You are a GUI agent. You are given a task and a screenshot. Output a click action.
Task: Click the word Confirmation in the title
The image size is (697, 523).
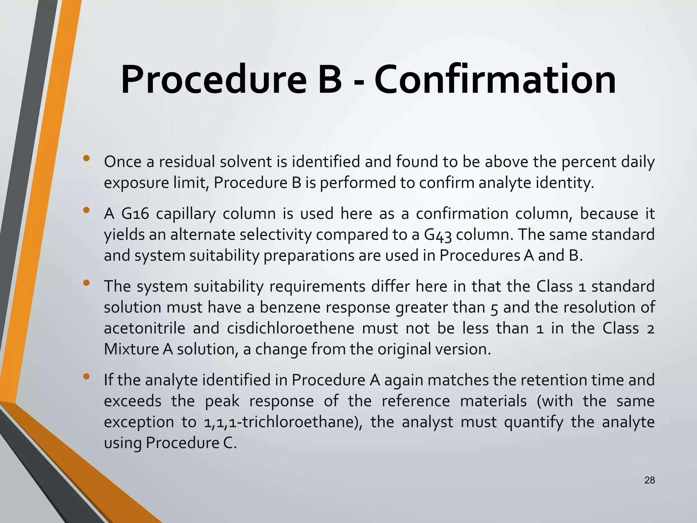[x=495, y=80]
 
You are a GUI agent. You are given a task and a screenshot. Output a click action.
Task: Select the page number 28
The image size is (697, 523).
[x=649, y=480]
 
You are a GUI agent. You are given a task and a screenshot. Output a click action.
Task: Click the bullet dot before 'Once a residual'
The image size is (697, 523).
[x=86, y=158]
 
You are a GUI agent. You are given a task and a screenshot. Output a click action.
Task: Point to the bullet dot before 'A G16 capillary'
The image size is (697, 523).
[x=86, y=210]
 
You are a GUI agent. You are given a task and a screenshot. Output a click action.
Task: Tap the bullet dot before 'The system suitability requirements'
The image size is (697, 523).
[x=86, y=283]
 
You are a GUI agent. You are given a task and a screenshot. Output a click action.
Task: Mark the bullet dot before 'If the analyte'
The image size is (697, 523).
[x=86, y=376]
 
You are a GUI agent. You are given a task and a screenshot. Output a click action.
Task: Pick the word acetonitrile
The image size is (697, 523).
[x=144, y=328]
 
